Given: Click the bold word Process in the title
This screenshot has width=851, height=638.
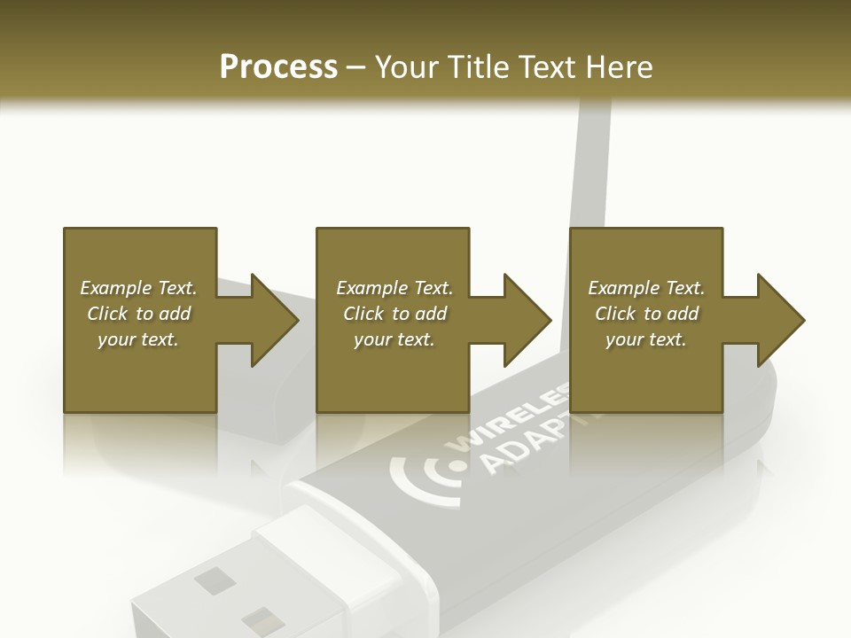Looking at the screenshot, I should pyautogui.click(x=278, y=67).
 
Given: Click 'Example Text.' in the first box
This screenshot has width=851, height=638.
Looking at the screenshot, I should pyautogui.click(x=138, y=288).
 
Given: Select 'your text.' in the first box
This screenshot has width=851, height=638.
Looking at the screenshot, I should pyautogui.click(x=138, y=339).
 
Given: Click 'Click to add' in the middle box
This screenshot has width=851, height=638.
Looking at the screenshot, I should pyautogui.click(x=394, y=314).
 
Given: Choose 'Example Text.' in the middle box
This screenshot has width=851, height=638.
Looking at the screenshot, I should pyautogui.click(x=394, y=288).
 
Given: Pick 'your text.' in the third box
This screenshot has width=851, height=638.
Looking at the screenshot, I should pyautogui.click(x=646, y=339).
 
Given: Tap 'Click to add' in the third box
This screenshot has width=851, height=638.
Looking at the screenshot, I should pyautogui.click(x=646, y=314).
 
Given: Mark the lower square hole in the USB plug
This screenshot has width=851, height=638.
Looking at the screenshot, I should pyautogui.click(x=257, y=621).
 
